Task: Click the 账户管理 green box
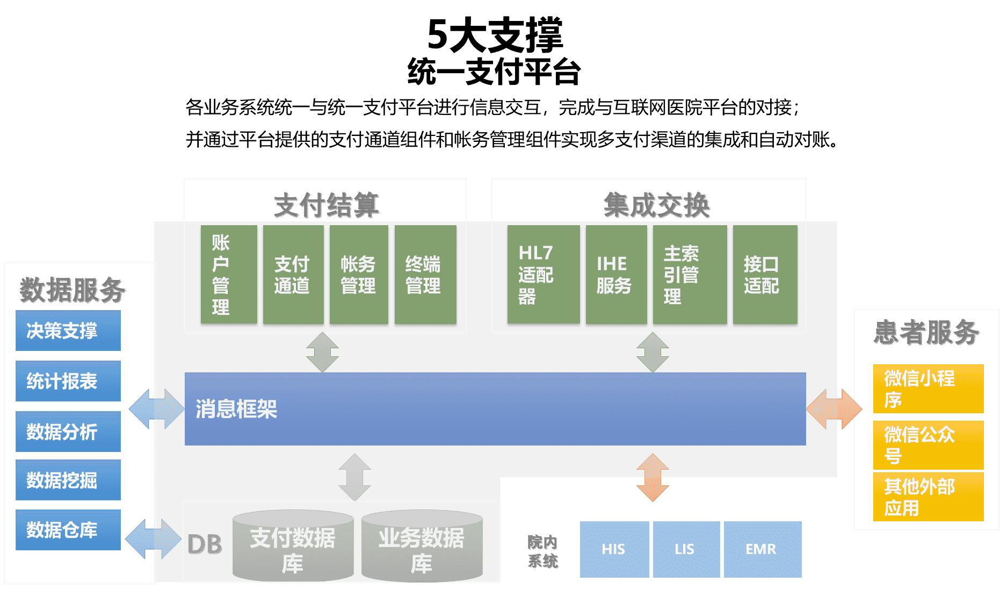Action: (229, 275)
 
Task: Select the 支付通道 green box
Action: (293, 275)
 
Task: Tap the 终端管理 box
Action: (425, 275)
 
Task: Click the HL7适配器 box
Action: (544, 275)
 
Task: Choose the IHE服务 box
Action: (616, 275)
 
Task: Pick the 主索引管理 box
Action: (690, 275)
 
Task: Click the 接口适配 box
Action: (765, 275)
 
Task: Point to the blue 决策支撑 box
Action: (68, 331)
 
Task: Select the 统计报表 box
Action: (68, 381)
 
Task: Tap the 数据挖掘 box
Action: (68, 480)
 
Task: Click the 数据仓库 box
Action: (68, 530)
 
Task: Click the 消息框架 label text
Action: (236, 409)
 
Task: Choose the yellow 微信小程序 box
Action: (928, 389)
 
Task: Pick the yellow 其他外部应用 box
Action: (928, 497)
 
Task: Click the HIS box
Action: (614, 549)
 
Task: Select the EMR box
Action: (762, 549)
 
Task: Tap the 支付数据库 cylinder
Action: (293, 547)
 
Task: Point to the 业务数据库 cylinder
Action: (422, 547)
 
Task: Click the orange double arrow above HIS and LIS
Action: (653, 477)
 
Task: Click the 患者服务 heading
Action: (927, 332)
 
